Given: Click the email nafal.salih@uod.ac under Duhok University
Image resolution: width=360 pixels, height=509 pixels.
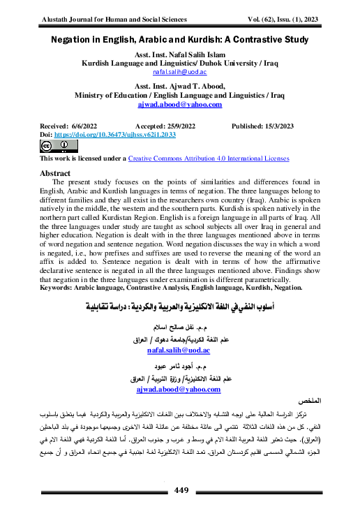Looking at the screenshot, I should tap(180, 71).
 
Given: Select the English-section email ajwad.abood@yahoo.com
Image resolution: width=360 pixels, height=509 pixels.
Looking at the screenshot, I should tap(179, 105).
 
